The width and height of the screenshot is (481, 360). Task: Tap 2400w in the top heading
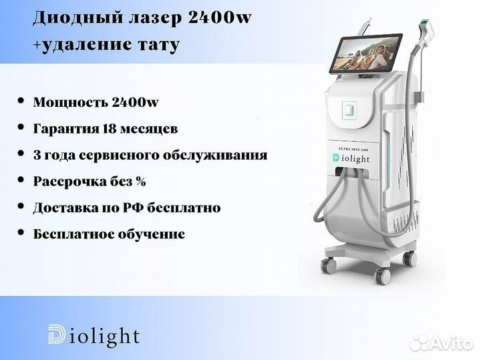(x=220, y=17)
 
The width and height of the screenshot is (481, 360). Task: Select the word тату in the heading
(x=158, y=45)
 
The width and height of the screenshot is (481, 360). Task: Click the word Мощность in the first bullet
(x=70, y=102)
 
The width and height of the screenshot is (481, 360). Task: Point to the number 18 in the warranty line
(x=109, y=128)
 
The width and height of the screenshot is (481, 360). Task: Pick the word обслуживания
(x=214, y=156)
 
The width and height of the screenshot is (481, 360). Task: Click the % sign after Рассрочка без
(x=140, y=181)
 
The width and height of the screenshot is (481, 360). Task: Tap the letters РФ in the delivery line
(x=132, y=208)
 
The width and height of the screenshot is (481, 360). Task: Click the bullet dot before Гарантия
(x=21, y=127)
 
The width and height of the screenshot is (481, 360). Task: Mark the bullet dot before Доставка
(x=21, y=206)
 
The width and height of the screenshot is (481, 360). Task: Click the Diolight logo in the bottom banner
(x=94, y=335)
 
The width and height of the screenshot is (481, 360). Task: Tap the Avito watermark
(x=441, y=343)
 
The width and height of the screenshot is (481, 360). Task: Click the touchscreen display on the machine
(x=365, y=53)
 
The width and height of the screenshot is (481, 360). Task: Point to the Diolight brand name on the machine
(x=351, y=158)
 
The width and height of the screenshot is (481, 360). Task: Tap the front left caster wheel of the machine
(x=329, y=266)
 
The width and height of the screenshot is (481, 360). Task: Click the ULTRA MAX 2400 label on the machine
(x=353, y=149)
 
